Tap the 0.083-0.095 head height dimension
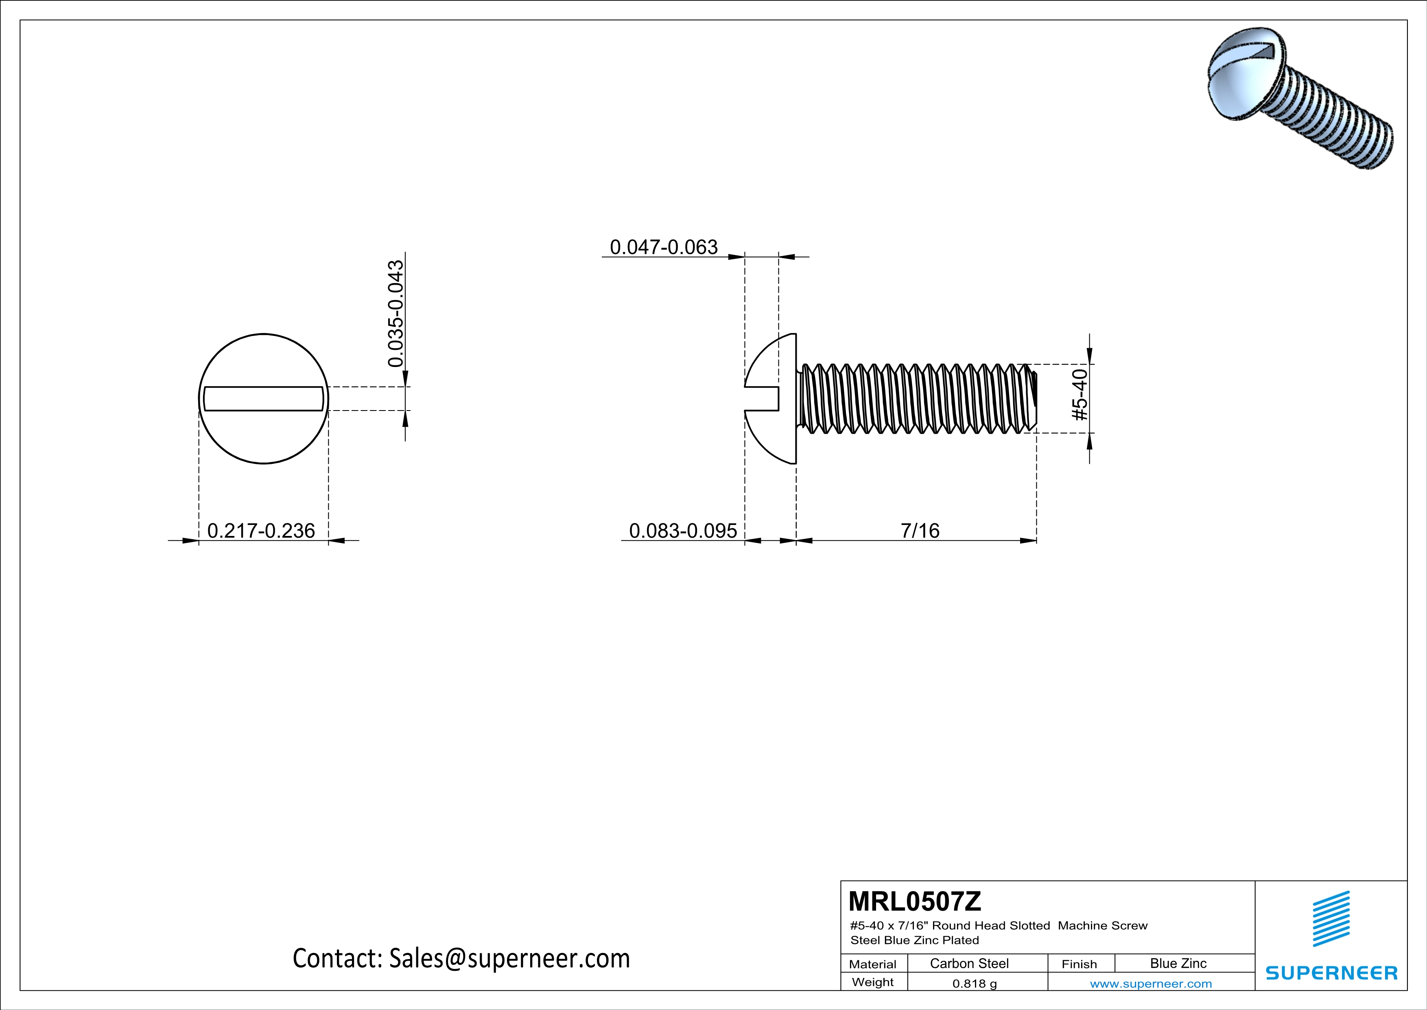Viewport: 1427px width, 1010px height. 682,531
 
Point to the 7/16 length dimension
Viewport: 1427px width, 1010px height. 920,531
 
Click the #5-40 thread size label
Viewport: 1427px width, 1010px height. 1081,395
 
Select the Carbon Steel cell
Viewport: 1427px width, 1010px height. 969,963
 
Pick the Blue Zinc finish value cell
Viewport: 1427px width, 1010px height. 1178,963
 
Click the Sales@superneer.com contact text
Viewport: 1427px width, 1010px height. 509,958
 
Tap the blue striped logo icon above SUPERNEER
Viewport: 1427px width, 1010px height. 1331,919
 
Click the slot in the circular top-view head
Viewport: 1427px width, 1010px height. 264,399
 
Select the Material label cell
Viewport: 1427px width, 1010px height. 873,964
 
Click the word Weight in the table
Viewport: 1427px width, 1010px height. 873,982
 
